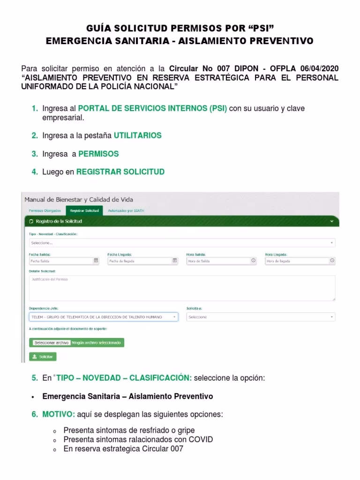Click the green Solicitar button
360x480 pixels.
(x=43, y=357)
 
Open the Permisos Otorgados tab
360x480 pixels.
(x=45, y=211)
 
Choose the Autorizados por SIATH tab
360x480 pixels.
(x=126, y=211)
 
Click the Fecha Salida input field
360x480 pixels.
(x=64, y=261)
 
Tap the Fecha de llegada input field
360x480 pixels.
(x=142, y=261)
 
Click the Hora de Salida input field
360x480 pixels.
(x=221, y=261)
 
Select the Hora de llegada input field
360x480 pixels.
(x=300, y=261)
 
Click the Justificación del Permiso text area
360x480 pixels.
(x=182, y=287)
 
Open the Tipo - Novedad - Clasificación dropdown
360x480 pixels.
(x=182, y=243)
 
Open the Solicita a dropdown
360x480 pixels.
(x=261, y=317)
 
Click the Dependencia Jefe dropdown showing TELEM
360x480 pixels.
(x=104, y=317)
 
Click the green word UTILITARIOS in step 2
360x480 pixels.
(x=138, y=135)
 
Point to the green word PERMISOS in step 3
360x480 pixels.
(x=98, y=154)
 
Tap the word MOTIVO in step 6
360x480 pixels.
(x=58, y=415)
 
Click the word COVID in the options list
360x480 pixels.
(x=201, y=439)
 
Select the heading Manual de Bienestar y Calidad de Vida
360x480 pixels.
(x=78, y=199)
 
